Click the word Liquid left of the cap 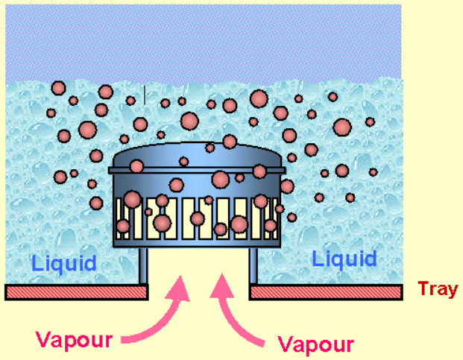click(x=64, y=263)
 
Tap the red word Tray click(x=438, y=289)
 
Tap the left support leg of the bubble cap click(x=142, y=266)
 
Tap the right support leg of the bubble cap click(x=253, y=266)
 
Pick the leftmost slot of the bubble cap click(x=122, y=216)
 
